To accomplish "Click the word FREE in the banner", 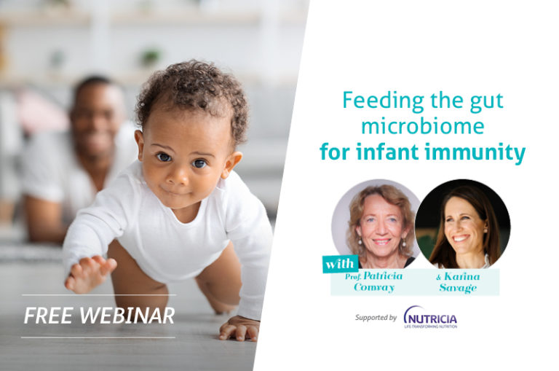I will pyautogui.click(x=45, y=316).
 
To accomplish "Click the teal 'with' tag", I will pyautogui.click(x=338, y=262).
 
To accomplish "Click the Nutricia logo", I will pyautogui.click(x=431, y=317).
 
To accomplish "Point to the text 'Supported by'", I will pyautogui.click(x=376, y=318).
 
